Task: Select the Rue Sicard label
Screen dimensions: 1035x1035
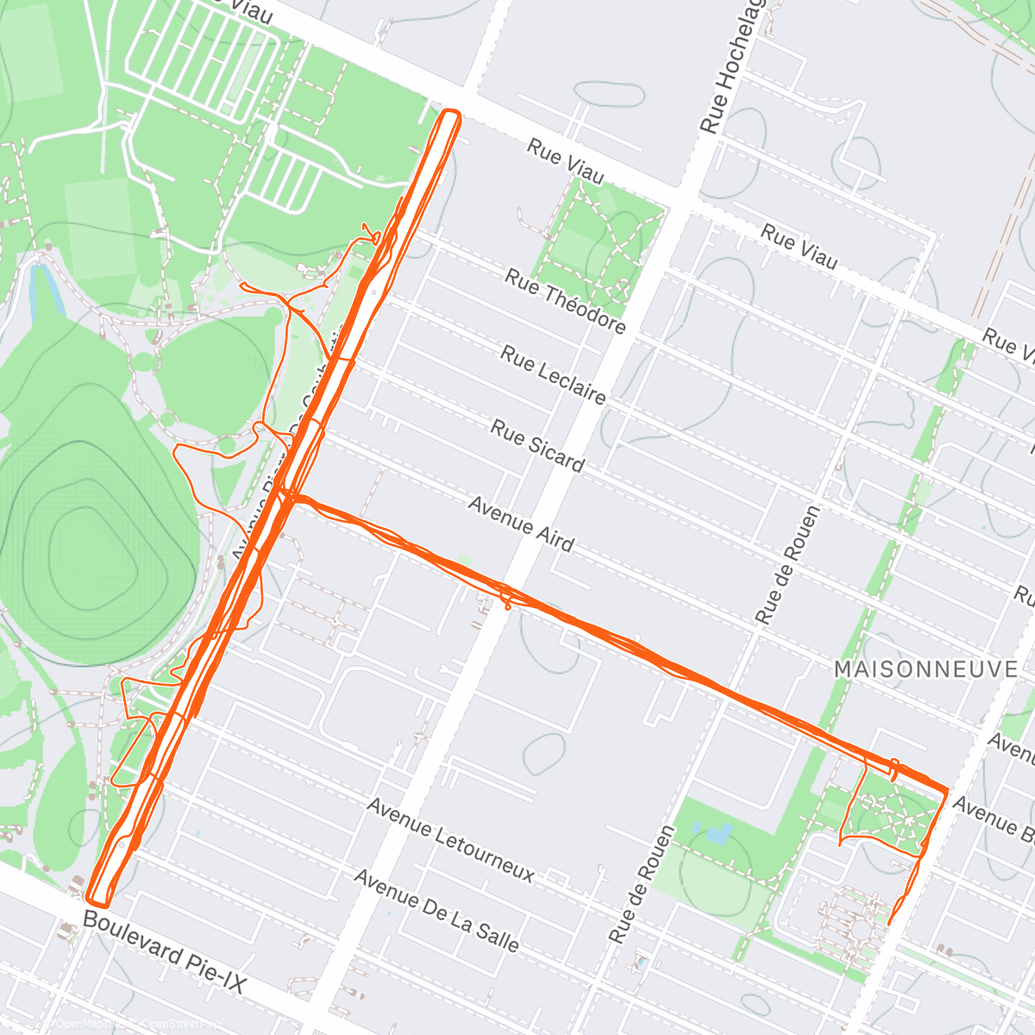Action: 537,445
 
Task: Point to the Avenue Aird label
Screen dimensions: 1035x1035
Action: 520,524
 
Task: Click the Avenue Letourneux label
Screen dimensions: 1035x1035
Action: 450,839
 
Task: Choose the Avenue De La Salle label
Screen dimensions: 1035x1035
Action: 436,912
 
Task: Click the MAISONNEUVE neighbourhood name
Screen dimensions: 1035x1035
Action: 925,668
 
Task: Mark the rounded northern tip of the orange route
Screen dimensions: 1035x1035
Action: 451,113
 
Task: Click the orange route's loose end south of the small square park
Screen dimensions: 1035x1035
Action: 890,923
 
